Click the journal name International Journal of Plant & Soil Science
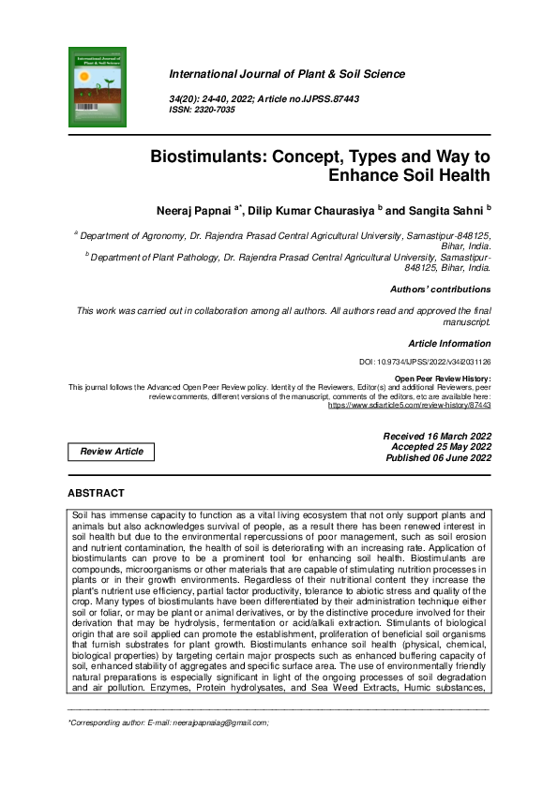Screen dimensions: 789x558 [286, 74]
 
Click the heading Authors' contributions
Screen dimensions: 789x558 [440, 290]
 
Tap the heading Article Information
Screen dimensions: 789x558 [448, 344]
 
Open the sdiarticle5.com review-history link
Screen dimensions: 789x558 [409, 405]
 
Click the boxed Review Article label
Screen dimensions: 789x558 [112, 452]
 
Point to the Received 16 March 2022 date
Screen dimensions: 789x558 [436, 436]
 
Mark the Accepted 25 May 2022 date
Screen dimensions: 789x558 [441, 447]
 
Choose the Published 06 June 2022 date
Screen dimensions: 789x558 [438, 458]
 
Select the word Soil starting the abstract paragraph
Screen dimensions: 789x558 [82, 515]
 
